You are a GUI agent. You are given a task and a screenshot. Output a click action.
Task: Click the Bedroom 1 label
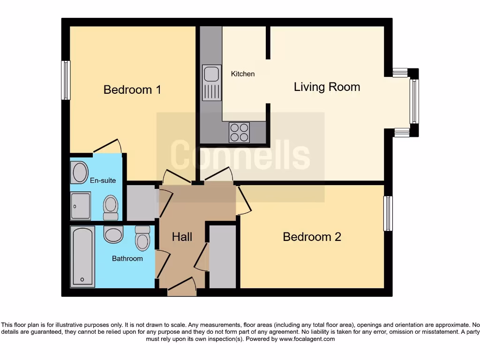coord(132,90)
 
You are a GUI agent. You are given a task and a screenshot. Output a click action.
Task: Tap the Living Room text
coord(327,87)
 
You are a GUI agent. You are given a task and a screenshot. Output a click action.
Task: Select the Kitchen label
coord(243,74)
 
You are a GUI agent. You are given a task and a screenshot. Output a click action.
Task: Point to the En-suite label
coord(103,180)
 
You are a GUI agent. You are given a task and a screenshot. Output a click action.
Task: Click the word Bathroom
coord(127,258)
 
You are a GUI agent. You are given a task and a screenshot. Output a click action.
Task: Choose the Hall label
coord(182,237)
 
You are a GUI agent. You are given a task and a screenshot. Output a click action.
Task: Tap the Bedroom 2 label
coord(312,237)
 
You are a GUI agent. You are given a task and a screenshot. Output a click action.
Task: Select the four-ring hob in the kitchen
coord(239,132)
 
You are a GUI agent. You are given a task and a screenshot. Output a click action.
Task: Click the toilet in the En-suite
coord(111,208)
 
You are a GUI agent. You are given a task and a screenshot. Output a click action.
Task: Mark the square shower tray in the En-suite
coord(81,206)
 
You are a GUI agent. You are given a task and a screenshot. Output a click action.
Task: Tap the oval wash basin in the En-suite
coord(80,172)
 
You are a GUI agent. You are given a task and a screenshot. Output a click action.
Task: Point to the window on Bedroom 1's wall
coord(66,80)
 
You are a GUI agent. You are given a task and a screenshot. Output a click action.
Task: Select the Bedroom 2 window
coord(388,214)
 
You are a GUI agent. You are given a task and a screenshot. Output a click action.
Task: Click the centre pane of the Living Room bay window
coord(414,101)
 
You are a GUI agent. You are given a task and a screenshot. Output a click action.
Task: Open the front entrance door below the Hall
coord(181,287)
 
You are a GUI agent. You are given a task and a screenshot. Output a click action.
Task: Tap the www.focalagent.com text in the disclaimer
coord(307,339)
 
